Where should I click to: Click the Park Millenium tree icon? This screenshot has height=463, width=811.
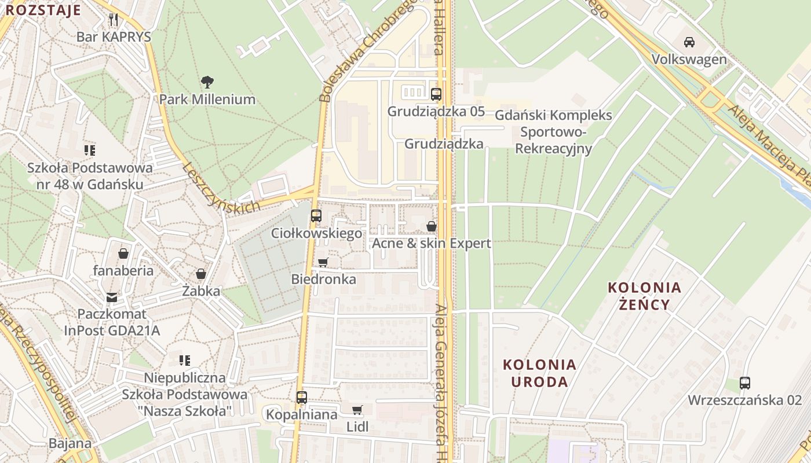click(x=207, y=82)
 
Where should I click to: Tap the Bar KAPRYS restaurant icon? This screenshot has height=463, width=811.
click(x=114, y=20)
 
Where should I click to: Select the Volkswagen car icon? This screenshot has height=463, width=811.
click(x=689, y=42)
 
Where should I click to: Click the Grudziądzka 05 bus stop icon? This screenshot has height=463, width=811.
click(x=436, y=94)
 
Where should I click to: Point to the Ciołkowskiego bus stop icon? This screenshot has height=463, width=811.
click(x=316, y=216)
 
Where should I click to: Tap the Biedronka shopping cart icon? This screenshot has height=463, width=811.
click(x=323, y=262)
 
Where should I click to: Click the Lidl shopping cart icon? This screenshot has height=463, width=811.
click(x=357, y=410)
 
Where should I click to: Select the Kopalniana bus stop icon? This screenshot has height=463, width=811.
click(x=301, y=398)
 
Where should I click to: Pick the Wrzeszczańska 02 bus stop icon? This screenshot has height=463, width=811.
click(x=744, y=383)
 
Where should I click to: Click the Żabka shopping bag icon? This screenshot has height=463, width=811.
click(x=201, y=274)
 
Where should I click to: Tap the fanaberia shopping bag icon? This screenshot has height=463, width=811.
click(x=123, y=253)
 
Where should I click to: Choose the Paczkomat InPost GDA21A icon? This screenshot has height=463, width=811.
click(x=112, y=297)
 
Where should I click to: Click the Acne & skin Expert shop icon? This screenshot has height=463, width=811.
click(x=431, y=226)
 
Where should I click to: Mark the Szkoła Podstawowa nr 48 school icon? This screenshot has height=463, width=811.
click(x=90, y=150)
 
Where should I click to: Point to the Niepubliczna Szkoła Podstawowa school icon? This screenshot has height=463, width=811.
click(x=184, y=361)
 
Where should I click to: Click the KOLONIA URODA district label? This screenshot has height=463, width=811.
click(x=539, y=373)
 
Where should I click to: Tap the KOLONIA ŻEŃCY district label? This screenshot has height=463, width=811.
click(x=644, y=296)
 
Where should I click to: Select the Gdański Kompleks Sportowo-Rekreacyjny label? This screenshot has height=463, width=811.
click(x=553, y=132)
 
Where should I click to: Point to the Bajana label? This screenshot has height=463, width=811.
click(x=70, y=444)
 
